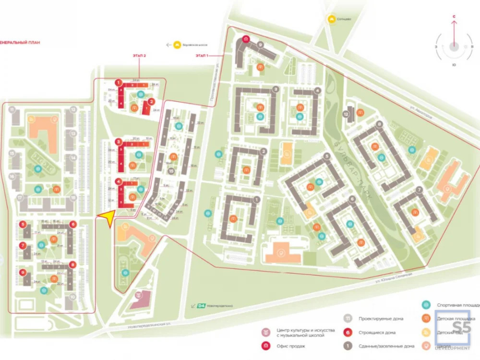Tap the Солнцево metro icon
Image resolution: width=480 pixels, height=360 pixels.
pos(331,20)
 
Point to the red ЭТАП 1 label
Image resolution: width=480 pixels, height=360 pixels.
pos(202,56)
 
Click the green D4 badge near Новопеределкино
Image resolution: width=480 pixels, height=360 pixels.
pos(193,305)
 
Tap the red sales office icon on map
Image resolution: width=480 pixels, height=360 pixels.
pos(246,39)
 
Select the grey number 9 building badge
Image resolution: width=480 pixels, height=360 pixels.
pos(260,44)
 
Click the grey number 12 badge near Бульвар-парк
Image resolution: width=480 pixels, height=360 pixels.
pos(346,114)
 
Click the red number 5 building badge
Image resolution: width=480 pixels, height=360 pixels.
pos(22,224)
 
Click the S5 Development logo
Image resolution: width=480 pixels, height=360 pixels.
pos(453,331)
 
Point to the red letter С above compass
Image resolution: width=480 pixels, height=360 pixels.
pos(454,16)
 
